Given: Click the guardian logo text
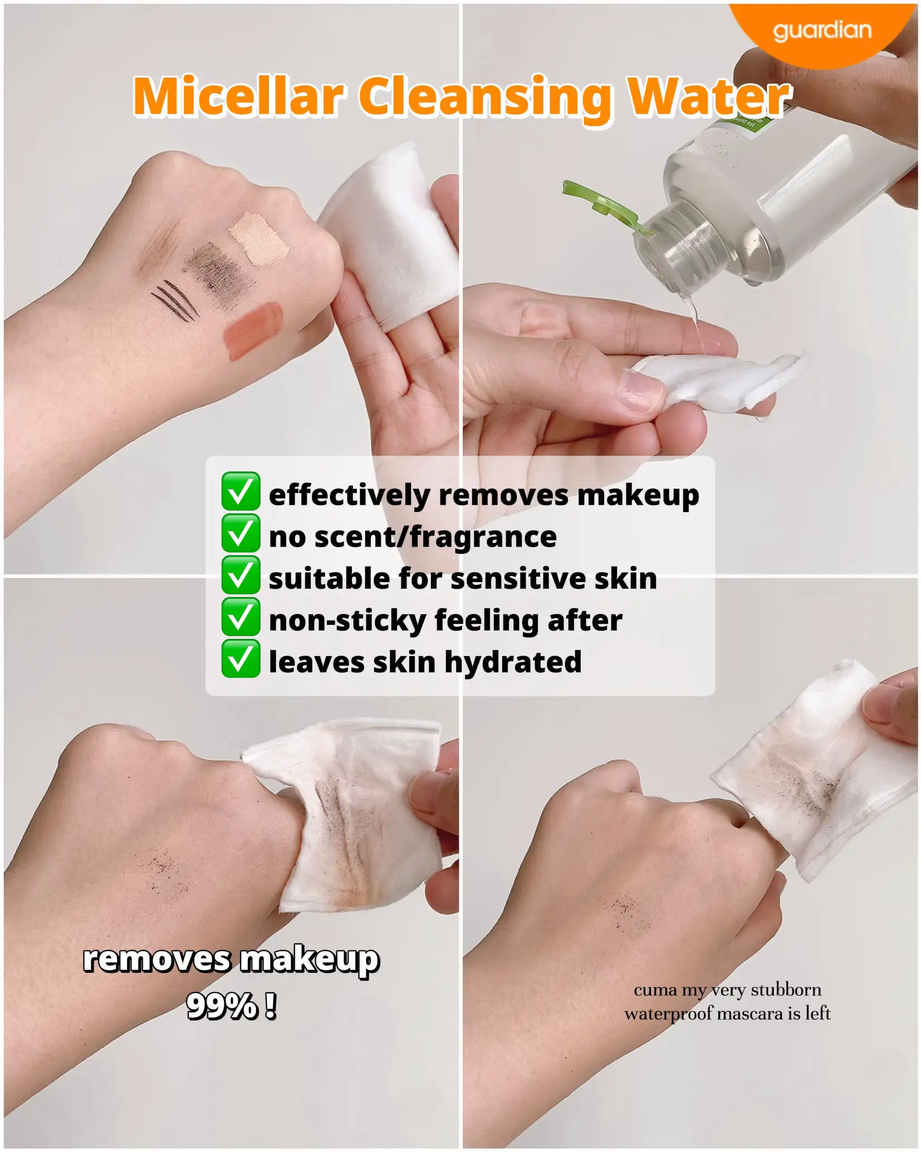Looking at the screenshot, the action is [x=822, y=30].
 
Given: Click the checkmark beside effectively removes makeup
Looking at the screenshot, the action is [x=241, y=491].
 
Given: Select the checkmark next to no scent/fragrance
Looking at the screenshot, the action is [x=241, y=533].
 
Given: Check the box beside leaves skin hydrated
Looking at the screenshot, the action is [x=241, y=658].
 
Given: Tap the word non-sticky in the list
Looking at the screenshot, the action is [x=347, y=621].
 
